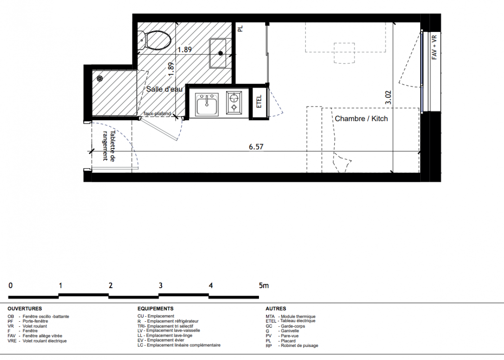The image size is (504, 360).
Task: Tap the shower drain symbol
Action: (100, 78)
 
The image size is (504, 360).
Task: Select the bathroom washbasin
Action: (218, 53)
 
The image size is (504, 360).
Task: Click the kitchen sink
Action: (207, 104)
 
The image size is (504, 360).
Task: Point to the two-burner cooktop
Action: (234, 103)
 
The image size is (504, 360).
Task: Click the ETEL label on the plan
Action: (259, 102)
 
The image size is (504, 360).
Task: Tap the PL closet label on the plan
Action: (241, 29)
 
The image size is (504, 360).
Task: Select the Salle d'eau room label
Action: (164, 89)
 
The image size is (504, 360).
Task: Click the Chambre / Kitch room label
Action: (361, 118)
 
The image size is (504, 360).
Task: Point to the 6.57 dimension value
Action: (256, 147)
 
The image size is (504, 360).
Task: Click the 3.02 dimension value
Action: (388, 97)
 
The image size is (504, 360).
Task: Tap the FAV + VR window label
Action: (434, 48)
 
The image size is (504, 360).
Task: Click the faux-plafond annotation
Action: (157, 113)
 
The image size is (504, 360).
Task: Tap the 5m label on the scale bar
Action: (263, 285)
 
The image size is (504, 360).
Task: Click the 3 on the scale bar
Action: (160, 285)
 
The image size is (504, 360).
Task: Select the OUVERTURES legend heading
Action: (25, 309)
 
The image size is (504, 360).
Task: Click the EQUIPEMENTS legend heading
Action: (155, 309)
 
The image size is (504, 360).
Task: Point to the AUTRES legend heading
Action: (276, 309)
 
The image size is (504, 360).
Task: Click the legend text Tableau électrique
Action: (298, 321)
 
